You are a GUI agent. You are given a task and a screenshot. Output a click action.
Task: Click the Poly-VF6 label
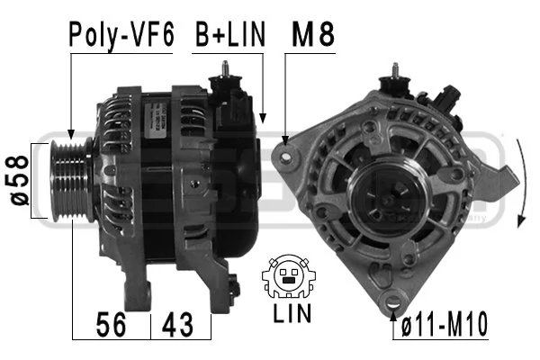121,35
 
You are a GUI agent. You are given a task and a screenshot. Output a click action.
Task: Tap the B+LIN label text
230,34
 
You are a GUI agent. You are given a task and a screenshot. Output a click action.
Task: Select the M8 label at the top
313,34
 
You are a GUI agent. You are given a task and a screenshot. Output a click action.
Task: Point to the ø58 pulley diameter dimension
19,181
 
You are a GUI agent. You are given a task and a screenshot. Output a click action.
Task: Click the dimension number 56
111,325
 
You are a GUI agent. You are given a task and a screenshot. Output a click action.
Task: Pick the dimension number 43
177,325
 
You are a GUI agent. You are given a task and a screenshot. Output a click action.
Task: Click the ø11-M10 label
445,324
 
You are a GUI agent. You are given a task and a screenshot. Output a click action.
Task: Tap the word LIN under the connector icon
292,313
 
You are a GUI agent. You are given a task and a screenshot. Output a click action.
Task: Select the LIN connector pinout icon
289,276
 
